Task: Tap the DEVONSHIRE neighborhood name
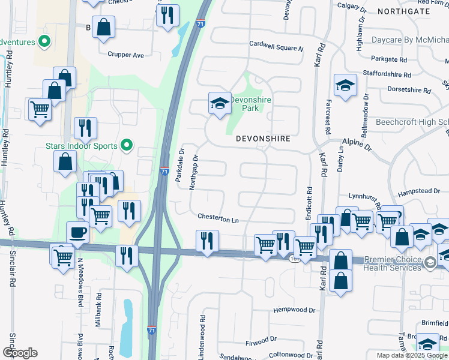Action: click(x=263, y=139)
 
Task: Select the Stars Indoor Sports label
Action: click(x=83, y=145)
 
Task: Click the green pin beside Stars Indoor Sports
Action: click(x=126, y=145)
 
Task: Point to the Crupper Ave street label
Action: click(x=126, y=55)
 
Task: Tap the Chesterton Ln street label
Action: click(x=218, y=219)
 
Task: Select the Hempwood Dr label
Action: click(x=294, y=310)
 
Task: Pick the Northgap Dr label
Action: click(x=193, y=173)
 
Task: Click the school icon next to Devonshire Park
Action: click(x=220, y=103)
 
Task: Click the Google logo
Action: click(x=20, y=352)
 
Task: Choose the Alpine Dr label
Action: click(x=357, y=143)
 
